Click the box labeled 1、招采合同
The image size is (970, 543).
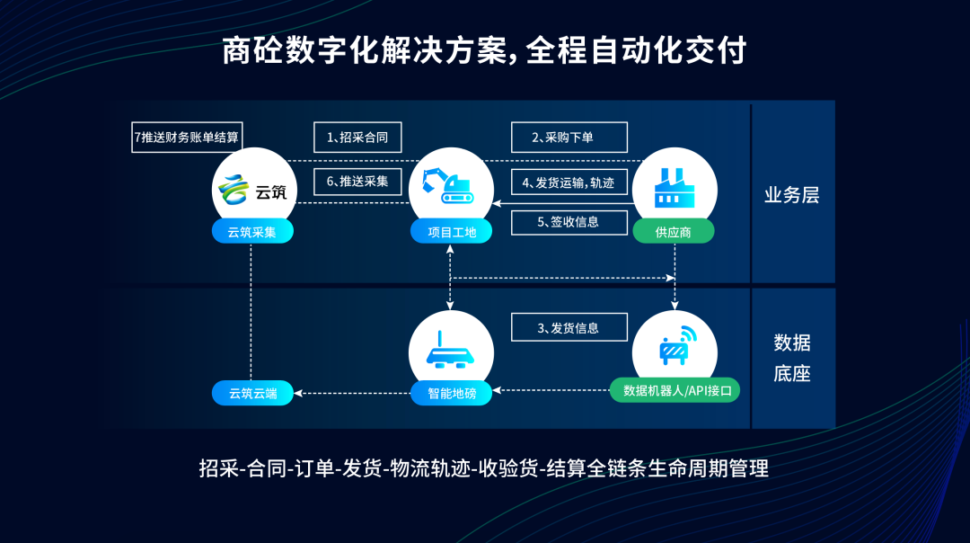click(357, 138)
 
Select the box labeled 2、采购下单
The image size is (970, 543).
click(569, 138)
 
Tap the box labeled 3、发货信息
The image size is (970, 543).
click(569, 328)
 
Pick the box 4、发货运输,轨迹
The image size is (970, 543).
click(569, 182)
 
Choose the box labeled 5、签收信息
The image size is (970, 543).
click(569, 222)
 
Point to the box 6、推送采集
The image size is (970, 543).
click(357, 181)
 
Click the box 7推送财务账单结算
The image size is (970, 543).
click(187, 138)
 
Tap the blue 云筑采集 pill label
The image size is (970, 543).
click(252, 232)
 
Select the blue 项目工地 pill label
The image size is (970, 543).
click(452, 232)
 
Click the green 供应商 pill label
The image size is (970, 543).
click(674, 232)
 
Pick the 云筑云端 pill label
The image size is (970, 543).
click(252, 393)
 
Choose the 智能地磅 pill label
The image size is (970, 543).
click(452, 393)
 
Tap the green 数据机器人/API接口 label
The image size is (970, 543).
click(675, 391)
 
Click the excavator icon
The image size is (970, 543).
click(451, 186)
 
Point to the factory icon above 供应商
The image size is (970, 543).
click(674, 187)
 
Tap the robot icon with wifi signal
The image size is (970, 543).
click(675, 346)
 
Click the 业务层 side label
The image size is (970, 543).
click(791, 195)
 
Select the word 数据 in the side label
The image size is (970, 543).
click(791, 343)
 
